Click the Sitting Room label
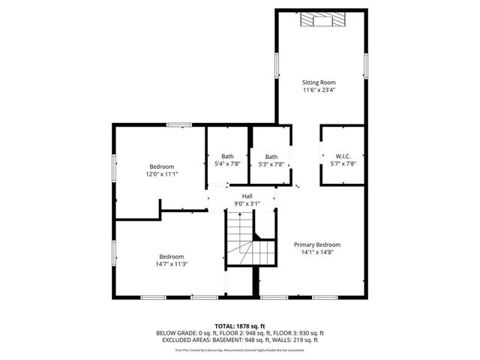[x=318, y=82]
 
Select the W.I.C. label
[x=343, y=156]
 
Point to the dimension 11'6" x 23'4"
[x=318, y=90]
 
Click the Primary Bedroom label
[x=317, y=244]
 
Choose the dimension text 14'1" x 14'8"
[x=317, y=253]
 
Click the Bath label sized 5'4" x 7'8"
[x=227, y=156]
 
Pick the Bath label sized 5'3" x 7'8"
[x=271, y=156]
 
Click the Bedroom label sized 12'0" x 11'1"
[x=161, y=166]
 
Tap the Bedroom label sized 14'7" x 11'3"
[x=171, y=256]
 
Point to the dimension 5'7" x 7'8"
[x=343, y=163]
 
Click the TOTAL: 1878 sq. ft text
[x=240, y=326]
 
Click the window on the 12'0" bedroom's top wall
[x=178, y=124]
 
